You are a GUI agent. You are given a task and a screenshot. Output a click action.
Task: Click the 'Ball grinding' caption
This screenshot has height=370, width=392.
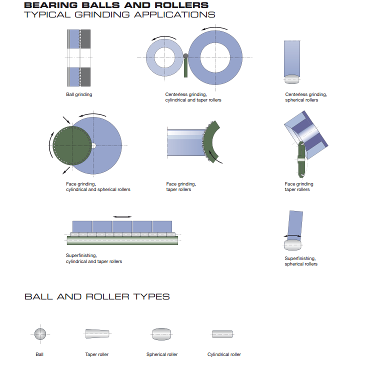pos(79,94)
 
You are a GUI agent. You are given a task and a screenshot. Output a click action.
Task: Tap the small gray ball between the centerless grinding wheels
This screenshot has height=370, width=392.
pos(185,56)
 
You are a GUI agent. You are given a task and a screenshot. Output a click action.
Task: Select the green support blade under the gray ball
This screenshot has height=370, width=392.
pos(185,68)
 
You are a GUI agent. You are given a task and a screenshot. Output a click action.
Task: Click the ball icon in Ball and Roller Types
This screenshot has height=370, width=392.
pos(40,334)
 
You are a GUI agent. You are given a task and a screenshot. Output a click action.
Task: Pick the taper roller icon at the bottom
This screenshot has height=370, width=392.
pos(97,333)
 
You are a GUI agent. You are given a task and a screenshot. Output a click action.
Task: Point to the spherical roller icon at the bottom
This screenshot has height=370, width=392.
pos(162,334)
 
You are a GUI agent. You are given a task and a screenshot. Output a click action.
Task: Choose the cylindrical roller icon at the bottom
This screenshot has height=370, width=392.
pos(222,334)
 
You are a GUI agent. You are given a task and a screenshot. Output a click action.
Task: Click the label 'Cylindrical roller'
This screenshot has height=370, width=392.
pos(224,354)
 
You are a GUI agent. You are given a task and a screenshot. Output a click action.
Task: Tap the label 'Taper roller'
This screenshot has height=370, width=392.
pos(97,354)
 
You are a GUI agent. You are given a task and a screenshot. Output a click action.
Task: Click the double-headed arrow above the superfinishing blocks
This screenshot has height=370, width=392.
pos(122,217)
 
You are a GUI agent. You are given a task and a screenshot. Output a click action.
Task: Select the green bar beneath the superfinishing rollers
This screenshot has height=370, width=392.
pos(122,240)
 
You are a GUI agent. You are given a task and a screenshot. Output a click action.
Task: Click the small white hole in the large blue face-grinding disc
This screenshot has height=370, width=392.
pos(93,145)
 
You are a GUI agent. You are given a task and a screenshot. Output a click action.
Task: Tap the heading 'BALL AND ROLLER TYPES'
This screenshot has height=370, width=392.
pos(97,297)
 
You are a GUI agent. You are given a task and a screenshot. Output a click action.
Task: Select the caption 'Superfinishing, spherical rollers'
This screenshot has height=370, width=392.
pos(301,261)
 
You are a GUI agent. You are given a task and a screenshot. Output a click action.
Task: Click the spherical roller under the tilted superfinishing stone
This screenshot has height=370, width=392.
pos(292,245)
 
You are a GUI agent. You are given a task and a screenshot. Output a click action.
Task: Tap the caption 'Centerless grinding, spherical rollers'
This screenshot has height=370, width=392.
pos(306,97)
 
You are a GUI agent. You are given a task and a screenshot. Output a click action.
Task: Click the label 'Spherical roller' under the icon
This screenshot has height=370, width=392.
pos(162,354)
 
